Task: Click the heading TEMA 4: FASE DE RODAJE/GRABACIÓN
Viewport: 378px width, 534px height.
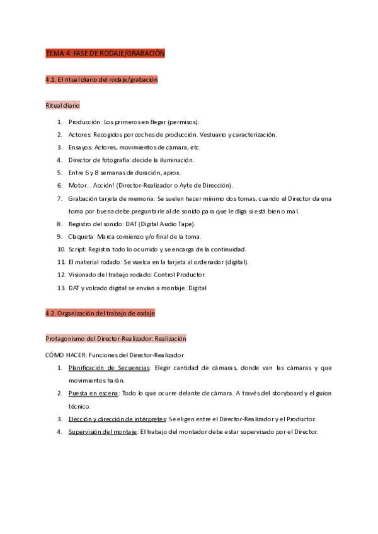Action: tap(105, 54)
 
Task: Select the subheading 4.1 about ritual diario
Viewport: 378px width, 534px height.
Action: tap(101, 80)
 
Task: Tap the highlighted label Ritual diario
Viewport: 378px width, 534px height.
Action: tap(63, 105)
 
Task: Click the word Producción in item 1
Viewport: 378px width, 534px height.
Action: tap(84, 122)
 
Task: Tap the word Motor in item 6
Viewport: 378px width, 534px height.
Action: tap(78, 185)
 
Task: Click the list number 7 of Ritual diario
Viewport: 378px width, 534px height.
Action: tap(59, 198)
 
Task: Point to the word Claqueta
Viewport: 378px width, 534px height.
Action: tap(81, 237)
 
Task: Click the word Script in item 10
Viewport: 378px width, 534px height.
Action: tap(77, 249)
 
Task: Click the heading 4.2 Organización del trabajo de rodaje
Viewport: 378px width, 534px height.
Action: tap(100, 313)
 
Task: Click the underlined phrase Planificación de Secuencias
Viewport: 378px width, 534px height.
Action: tap(110, 368)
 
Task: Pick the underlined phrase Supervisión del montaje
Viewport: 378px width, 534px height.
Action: tap(103, 431)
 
